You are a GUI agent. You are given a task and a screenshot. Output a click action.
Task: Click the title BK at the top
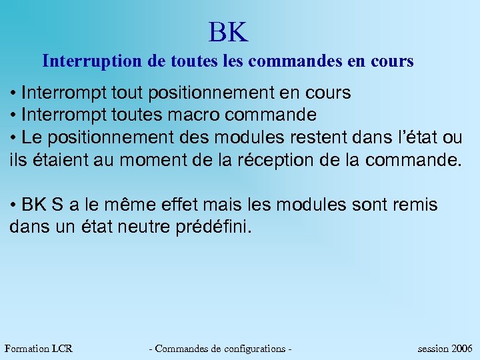(x=228, y=31)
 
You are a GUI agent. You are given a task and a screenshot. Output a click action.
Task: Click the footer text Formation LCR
(x=38, y=348)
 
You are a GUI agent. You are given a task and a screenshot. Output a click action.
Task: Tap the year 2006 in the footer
(x=462, y=348)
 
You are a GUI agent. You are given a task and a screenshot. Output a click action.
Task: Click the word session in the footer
(x=433, y=348)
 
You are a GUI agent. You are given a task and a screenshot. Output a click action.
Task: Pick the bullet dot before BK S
(x=15, y=205)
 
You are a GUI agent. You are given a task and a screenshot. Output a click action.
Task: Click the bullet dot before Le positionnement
(x=15, y=138)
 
